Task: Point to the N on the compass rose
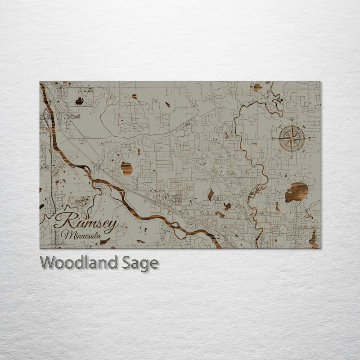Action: pyautogui.click(x=292, y=120)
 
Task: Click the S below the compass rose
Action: pyautogui.click(x=292, y=157)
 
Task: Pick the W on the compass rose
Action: pyautogui.click(x=273, y=139)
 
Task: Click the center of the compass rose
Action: pyautogui.click(x=292, y=139)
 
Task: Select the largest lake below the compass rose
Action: pyautogui.click(x=297, y=192)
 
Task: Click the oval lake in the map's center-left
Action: pyautogui.click(x=126, y=168)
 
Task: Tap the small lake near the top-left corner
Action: pyautogui.click(x=79, y=101)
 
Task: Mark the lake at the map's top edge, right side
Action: pyautogui.click(x=257, y=87)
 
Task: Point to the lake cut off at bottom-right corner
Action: pyautogui.click(x=314, y=238)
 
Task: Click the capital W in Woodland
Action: pyautogui.click(x=48, y=262)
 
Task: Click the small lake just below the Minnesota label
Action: pyautogui.click(x=104, y=242)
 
